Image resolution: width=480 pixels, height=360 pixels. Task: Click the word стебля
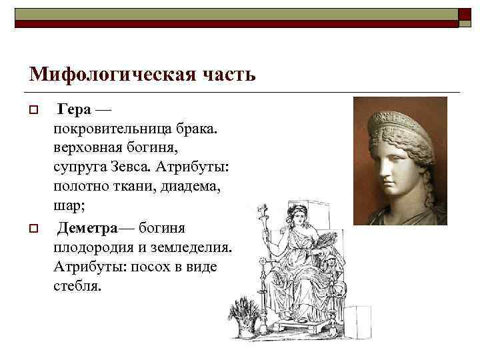click(x=76, y=285)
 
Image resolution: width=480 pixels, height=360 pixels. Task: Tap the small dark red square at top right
click(x=465, y=15)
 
